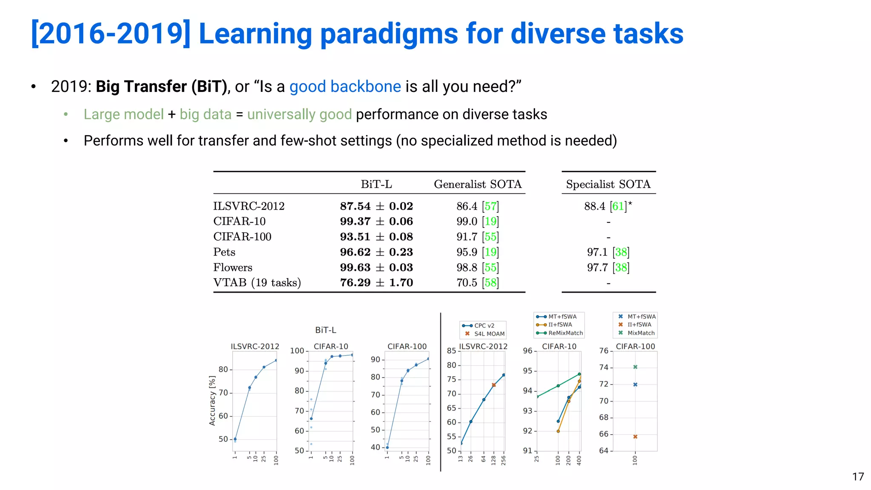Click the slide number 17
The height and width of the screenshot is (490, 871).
tap(858, 476)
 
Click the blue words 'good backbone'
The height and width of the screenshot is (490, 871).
tap(345, 86)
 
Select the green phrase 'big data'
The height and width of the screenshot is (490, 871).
tap(205, 114)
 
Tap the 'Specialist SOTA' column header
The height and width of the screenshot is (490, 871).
tap(608, 184)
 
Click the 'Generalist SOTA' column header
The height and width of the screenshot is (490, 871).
tap(478, 184)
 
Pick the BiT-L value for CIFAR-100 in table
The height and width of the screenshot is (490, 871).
tap(376, 236)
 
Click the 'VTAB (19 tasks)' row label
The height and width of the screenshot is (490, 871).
tap(257, 282)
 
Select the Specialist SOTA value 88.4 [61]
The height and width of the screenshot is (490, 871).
tap(607, 206)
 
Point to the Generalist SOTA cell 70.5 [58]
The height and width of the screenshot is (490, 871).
tap(477, 282)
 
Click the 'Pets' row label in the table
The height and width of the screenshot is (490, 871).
tap(224, 252)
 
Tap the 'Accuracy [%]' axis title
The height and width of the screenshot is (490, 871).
tap(212, 400)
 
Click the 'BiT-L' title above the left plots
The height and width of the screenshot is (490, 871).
tap(325, 330)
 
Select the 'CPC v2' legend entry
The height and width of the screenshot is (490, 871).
tap(484, 325)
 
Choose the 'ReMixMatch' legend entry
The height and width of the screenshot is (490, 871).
tap(565, 333)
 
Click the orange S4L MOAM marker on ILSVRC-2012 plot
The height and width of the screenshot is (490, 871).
tap(494, 385)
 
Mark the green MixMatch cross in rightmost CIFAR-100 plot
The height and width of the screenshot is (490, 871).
tap(635, 367)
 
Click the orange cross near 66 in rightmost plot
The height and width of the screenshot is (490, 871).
tap(635, 436)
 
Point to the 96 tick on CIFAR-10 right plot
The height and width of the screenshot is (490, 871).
tap(527, 350)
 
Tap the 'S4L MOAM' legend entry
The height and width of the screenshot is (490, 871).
tap(489, 334)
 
